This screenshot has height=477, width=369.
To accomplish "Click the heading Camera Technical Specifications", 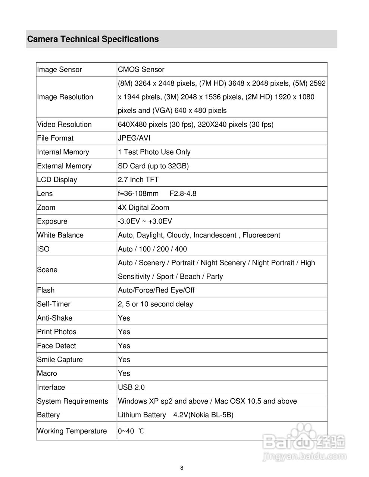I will click(x=93, y=39).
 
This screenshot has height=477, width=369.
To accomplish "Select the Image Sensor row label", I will click(x=59, y=70).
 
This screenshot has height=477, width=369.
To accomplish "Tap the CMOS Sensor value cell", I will click(x=141, y=70).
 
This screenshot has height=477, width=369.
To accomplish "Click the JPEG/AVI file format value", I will click(x=134, y=138).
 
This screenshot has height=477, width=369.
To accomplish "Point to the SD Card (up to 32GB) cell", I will click(x=153, y=166).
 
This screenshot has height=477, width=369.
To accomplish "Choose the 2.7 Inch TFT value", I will click(x=138, y=180).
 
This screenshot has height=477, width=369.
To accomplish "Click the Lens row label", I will click(x=45, y=194).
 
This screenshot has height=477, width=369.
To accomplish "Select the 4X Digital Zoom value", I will click(x=143, y=208).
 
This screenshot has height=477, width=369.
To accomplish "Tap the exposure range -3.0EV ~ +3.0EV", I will click(x=145, y=221).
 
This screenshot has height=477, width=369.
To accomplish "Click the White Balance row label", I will click(x=60, y=235).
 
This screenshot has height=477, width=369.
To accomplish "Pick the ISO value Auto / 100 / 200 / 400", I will click(x=152, y=249).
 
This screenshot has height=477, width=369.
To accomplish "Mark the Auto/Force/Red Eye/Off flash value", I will click(x=156, y=290).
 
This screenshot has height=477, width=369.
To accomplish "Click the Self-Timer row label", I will click(x=54, y=304).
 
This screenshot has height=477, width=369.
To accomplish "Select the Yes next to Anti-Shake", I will click(x=124, y=318).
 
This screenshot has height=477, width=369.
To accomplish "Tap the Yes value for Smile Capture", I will click(x=124, y=360).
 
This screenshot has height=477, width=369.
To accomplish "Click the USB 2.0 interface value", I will click(x=131, y=388).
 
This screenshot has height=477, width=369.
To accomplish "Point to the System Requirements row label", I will click(x=72, y=401).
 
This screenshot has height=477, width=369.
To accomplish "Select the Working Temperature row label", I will click(x=72, y=431).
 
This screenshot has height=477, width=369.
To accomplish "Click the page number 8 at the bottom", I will click(x=182, y=468).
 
